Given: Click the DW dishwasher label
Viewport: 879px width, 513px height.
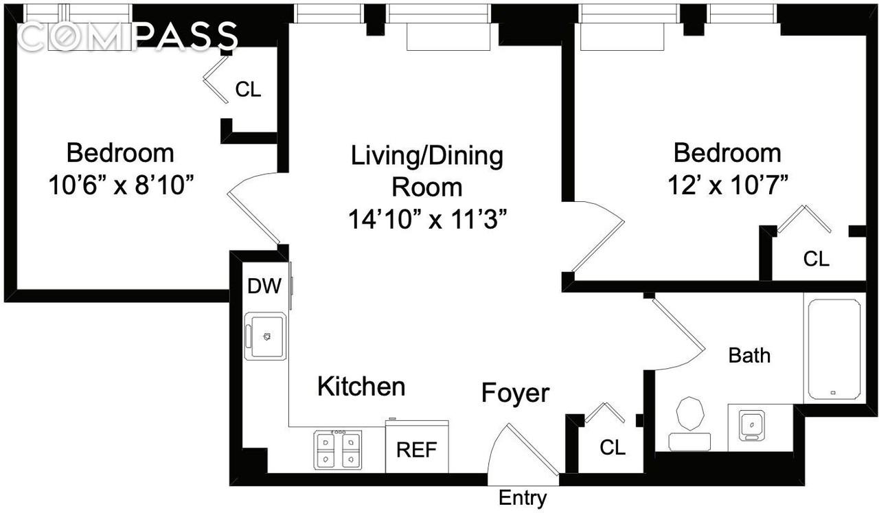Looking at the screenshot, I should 264,286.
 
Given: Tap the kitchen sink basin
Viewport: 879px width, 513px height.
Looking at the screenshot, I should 267,337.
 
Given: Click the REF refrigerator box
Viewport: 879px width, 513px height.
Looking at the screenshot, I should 417,450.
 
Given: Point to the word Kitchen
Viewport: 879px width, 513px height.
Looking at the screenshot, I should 361,387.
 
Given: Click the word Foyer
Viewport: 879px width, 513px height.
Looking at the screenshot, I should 515,393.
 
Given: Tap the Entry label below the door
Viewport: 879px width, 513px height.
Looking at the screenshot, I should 523,498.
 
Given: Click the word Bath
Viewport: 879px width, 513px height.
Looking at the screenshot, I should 749,355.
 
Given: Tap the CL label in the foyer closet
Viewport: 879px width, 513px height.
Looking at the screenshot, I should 613,448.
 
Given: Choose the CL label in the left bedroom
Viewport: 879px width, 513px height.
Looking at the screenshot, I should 248,89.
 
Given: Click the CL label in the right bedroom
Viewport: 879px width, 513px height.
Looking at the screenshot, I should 817,259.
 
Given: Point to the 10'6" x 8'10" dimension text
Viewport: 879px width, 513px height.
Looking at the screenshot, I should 120,185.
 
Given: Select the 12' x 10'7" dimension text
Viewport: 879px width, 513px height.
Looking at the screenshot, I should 727,185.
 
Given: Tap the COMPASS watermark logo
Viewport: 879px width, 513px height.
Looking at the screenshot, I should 128,36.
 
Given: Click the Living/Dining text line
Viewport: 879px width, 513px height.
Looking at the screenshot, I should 427,156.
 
